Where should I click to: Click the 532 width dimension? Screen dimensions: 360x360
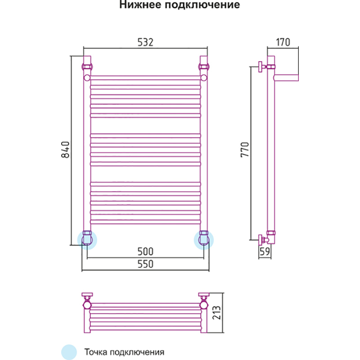(145, 42)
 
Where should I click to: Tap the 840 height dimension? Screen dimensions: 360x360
(65, 150)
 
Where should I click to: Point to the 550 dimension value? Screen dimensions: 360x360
(145, 265)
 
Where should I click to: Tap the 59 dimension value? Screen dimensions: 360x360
(265, 252)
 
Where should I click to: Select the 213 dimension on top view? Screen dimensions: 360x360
(217, 313)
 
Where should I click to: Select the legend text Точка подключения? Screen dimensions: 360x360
(123, 351)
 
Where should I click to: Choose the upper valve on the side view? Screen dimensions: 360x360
(261, 67)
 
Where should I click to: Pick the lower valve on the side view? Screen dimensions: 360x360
(261, 238)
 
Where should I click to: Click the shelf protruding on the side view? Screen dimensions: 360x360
(287, 77)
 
